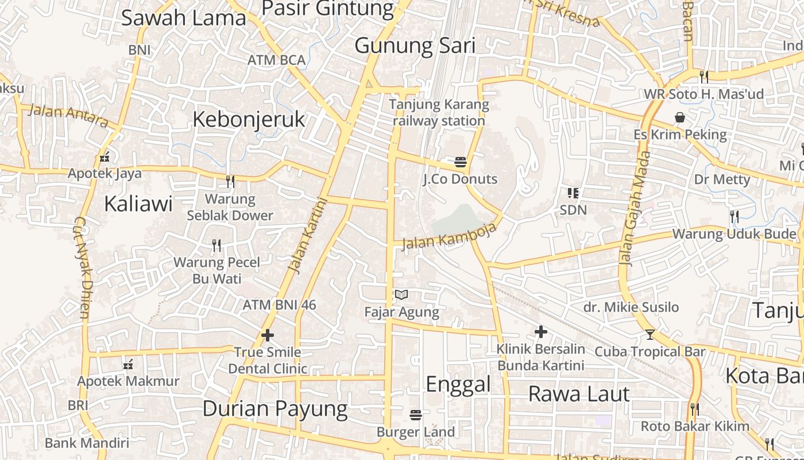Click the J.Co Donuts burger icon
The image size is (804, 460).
tap(460, 162)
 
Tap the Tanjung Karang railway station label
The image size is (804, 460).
tap(439, 113)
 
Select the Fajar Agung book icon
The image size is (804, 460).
tap(401, 295)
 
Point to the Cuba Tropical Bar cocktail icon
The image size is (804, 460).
tap(650, 334)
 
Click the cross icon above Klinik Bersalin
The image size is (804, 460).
tap(540, 332)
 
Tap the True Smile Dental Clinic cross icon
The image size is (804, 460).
tap(267, 335)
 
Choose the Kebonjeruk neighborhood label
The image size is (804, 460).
tap(249, 120)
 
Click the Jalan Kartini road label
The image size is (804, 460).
tap(307, 235)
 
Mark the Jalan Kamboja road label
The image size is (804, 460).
tap(449, 236)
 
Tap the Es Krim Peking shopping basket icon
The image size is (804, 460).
tap(680, 118)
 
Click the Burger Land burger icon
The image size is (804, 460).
tap(416, 415)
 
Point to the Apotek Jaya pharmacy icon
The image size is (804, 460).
tap(105, 156)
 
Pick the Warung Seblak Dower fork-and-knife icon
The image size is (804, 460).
tap(230, 182)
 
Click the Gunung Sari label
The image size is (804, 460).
tap(415, 45)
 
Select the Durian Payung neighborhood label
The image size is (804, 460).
tap(275, 409)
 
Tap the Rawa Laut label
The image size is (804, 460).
tap(579, 394)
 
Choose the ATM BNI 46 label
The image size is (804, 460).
tap(279, 305)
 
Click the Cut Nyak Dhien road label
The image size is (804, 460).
tap(82, 268)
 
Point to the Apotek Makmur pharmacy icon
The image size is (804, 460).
tap(128, 364)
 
